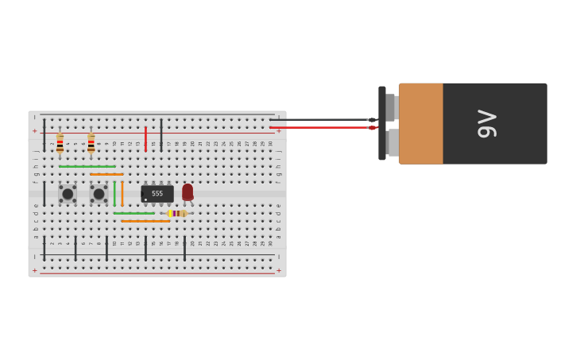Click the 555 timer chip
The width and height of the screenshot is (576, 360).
[157, 194]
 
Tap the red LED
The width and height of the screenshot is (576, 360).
[187, 192]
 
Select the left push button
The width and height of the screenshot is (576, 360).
[68, 194]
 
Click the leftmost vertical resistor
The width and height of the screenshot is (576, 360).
[60, 143]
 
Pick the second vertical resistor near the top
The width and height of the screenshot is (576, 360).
[91, 143]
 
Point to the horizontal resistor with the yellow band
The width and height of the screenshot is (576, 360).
[176, 213]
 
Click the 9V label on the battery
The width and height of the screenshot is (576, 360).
[486, 124]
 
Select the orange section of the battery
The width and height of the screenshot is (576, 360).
[421, 124]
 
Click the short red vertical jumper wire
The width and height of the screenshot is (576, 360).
[145, 138]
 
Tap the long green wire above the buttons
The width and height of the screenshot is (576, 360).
[87, 166]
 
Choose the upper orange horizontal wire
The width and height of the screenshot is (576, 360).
[106, 174]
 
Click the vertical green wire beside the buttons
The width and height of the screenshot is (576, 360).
[114, 193]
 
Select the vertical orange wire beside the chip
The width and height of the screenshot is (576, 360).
[122, 193]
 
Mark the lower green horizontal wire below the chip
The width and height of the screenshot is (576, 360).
[133, 213]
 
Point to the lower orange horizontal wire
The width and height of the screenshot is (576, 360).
[145, 221]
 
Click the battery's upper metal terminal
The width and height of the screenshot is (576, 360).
[391, 107]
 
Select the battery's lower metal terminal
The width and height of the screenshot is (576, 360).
[392, 142]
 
